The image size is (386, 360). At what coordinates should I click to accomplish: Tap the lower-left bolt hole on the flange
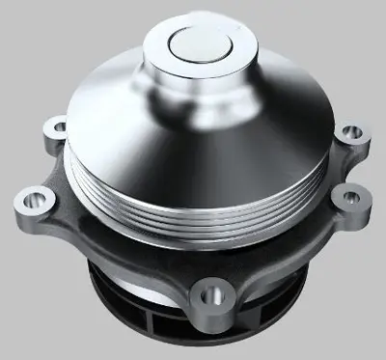(32, 202)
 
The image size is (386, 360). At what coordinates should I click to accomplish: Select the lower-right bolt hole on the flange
(342, 196)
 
